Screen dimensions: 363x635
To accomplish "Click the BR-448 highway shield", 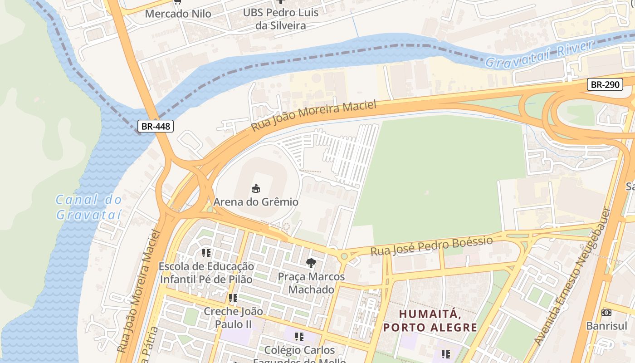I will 156,126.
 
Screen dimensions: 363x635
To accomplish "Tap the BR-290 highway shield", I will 605,84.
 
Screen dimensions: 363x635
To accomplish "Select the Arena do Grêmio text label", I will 256,202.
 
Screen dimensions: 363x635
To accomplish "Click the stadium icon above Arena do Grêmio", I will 256,188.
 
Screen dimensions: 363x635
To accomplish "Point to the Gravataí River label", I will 539,54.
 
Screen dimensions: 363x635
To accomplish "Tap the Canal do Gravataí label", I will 89,207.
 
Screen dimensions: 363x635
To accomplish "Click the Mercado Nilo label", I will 178,14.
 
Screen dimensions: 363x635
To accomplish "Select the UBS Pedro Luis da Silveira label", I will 280,19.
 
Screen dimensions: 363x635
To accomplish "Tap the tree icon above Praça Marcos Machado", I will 311,263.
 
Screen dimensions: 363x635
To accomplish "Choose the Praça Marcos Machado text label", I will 311,283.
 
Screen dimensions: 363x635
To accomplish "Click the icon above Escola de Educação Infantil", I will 206,253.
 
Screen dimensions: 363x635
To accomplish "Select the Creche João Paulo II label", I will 233,318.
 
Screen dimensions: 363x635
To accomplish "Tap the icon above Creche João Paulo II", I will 233,298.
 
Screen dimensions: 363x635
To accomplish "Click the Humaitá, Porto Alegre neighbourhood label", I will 430,320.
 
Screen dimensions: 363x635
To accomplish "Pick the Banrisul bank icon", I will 606,313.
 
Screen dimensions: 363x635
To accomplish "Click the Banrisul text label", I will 606,326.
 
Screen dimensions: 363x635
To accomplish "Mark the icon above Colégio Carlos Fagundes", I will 299,337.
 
